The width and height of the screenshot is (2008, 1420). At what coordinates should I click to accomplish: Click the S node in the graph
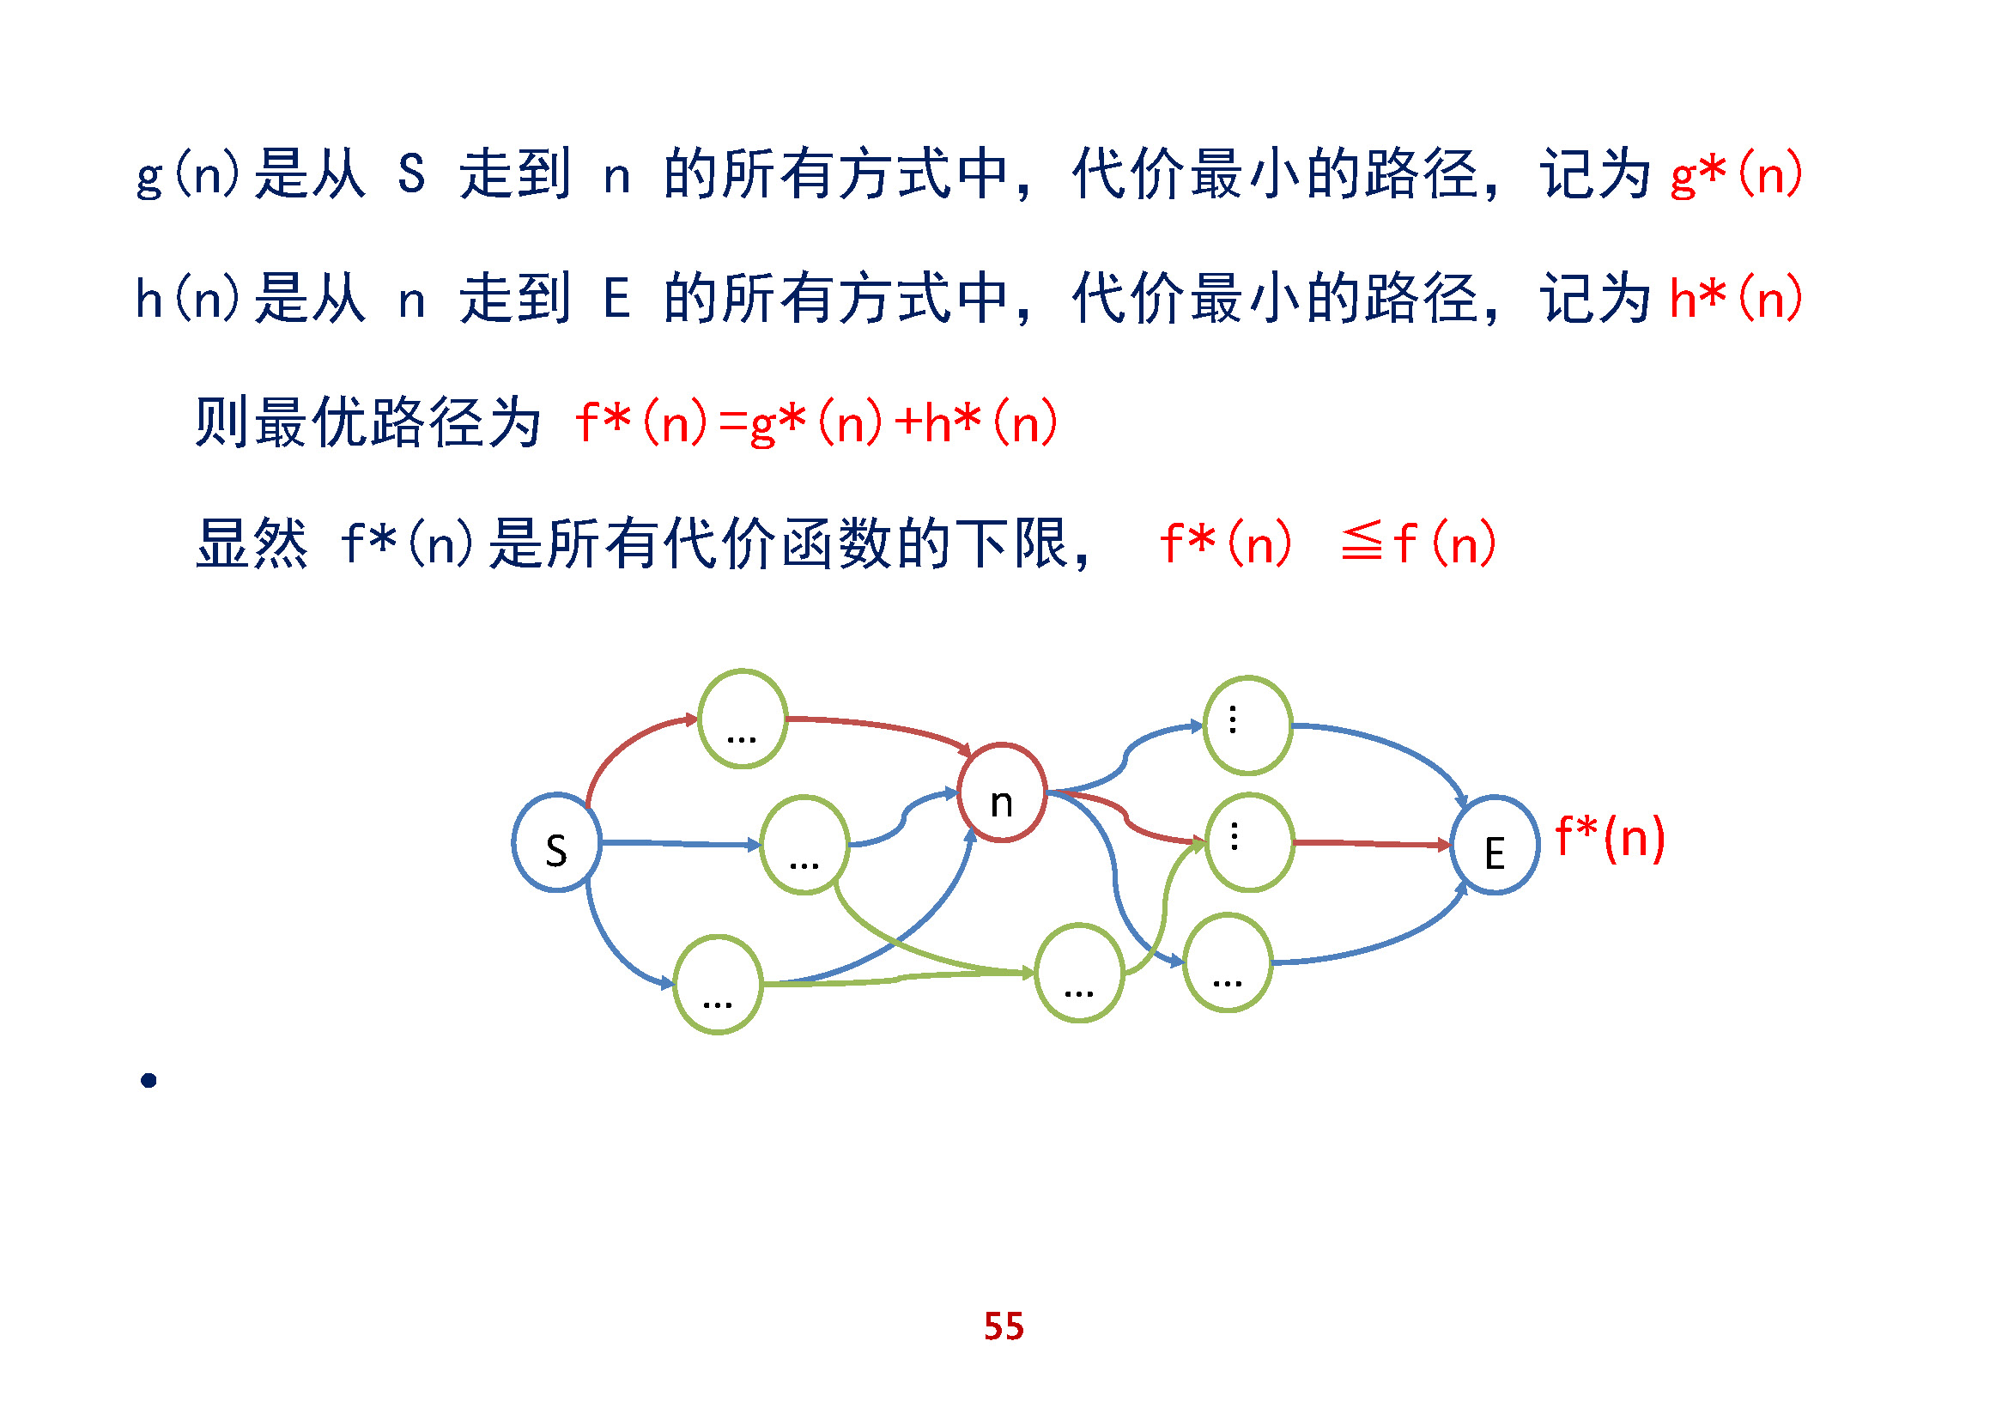556,843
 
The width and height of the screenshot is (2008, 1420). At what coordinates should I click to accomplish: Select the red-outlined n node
1001,793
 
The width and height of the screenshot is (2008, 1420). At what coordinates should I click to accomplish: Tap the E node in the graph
1495,846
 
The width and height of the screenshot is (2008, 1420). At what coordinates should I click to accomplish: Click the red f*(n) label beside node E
1610,838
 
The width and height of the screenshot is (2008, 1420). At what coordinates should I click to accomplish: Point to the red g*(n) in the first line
1735,174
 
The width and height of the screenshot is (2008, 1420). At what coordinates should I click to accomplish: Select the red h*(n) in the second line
1735,298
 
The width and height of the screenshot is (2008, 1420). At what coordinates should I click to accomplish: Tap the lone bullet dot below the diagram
149,1081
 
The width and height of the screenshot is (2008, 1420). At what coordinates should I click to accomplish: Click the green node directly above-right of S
743,719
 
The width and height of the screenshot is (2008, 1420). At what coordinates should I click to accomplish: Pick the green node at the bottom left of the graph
718,985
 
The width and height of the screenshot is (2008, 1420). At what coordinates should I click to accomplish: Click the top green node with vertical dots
1248,725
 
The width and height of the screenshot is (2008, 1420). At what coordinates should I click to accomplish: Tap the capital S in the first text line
411,174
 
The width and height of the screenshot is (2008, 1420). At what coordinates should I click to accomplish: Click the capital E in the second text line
616,298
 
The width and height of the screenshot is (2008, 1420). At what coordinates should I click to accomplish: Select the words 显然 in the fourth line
252,543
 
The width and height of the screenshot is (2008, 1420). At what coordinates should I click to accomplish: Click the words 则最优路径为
367,422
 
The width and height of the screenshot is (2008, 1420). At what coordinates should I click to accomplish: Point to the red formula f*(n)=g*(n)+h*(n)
816,422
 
